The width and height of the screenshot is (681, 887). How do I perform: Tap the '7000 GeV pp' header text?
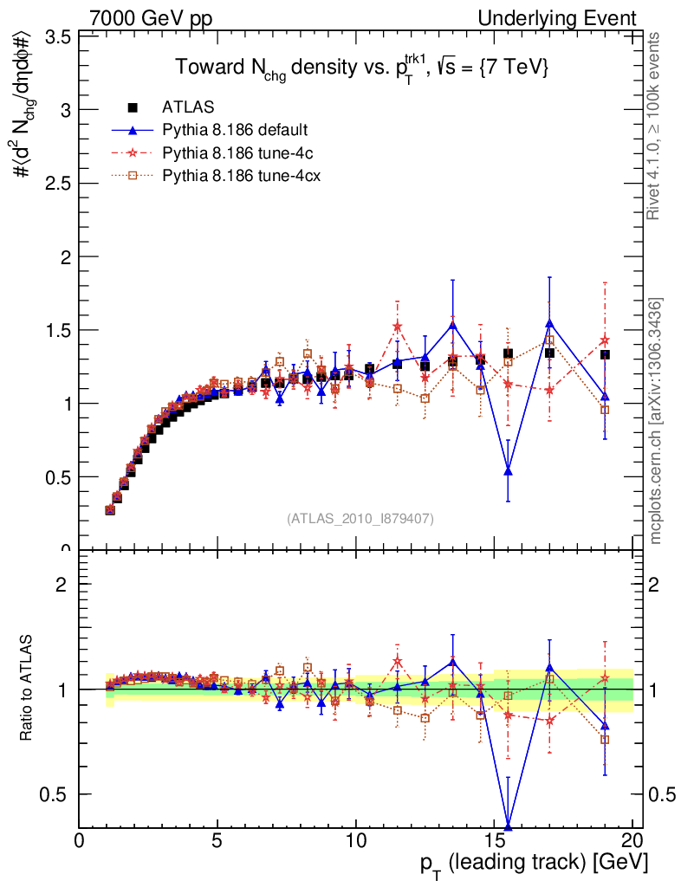[151, 18]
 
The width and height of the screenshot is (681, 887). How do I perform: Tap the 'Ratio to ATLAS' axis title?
[27, 689]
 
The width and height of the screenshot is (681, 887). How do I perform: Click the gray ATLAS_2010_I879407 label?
[360, 518]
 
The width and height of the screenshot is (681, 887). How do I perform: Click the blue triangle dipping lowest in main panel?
[508, 471]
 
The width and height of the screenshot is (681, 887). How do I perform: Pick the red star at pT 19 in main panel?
[605, 340]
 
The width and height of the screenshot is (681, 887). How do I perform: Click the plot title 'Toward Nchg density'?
[361, 68]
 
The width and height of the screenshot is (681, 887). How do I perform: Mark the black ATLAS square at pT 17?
[549, 353]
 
